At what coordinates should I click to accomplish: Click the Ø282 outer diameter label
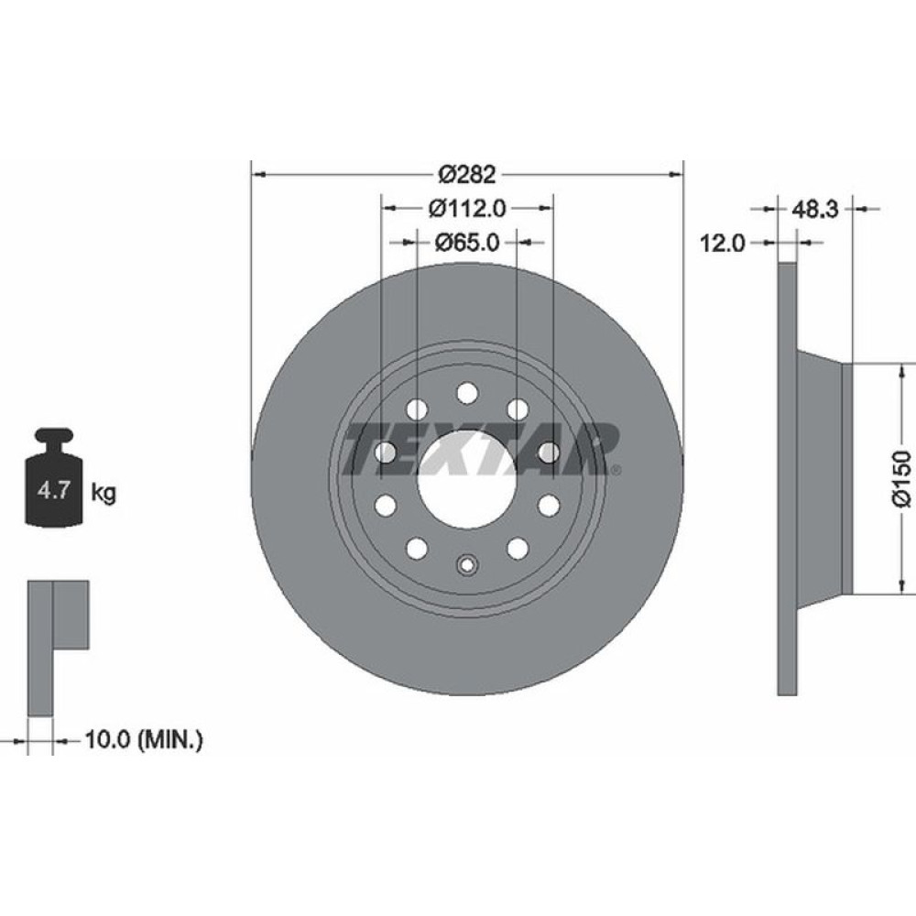[467, 173]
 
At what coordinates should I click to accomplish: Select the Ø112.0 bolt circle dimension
[467, 208]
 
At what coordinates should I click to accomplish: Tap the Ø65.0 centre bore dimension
[467, 243]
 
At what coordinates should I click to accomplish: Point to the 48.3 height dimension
[815, 209]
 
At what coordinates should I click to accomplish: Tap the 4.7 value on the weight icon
[50, 492]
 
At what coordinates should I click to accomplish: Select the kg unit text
[104, 494]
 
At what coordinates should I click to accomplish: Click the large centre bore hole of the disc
[467, 477]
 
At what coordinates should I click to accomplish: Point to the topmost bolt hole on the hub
[467, 393]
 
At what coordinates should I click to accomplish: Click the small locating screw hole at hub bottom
[467, 564]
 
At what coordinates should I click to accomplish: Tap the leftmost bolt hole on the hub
[385, 451]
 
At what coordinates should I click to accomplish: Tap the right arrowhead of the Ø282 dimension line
[678, 173]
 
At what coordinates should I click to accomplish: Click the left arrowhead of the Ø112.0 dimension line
[387, 208]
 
